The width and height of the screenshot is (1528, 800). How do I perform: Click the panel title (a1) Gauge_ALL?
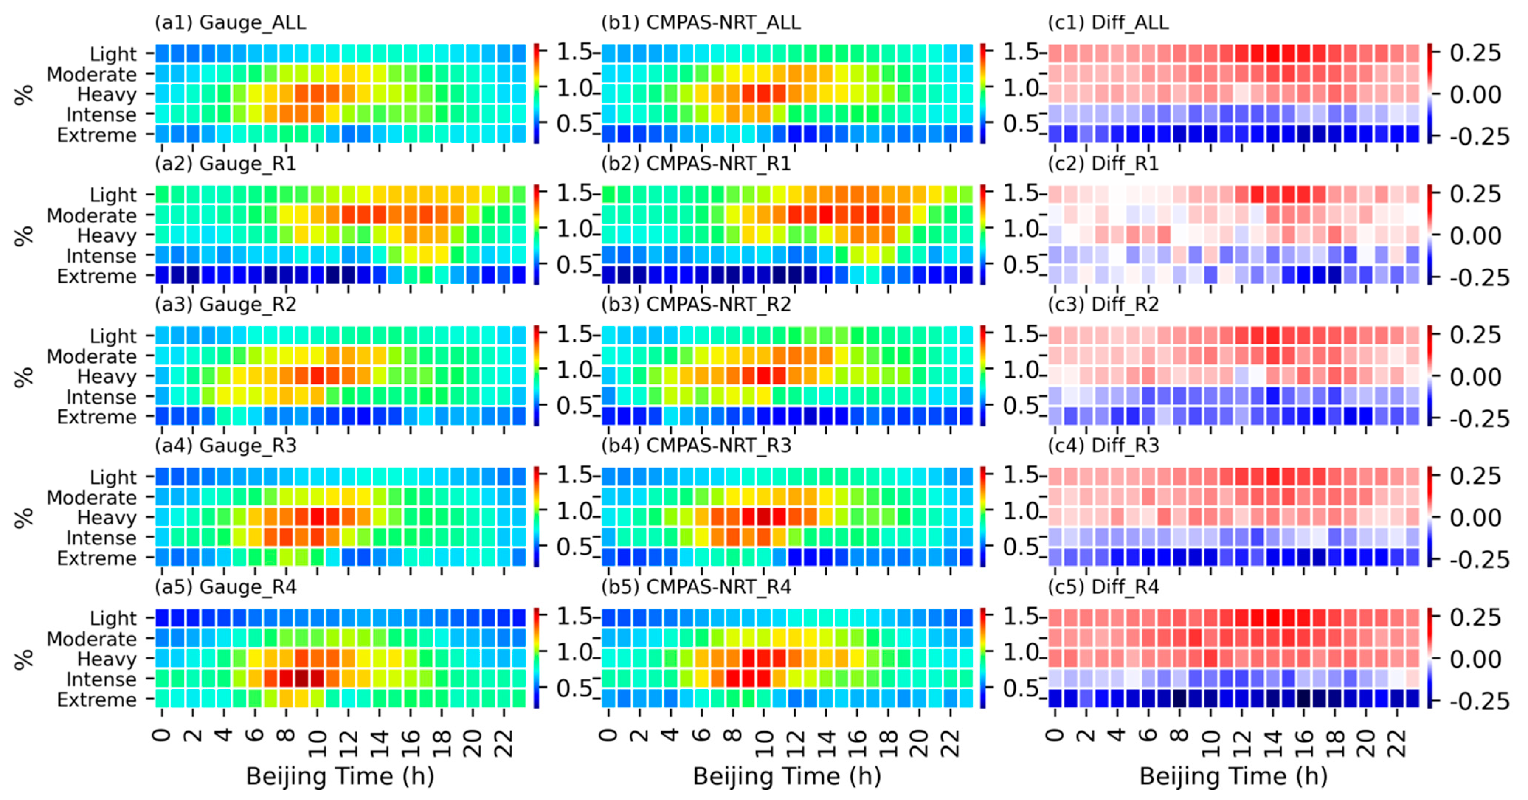pyautogui.click(x=230, y=22)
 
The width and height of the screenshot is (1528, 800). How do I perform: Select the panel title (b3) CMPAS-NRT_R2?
pyautogui.click(x=696, y=304)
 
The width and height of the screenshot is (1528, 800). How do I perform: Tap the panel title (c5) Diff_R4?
pyautogui.click(x=1103, y=586)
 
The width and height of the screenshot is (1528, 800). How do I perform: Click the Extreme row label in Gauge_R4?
pyautogui.click(x=97, y=700)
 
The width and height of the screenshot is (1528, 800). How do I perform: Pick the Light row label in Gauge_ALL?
pyautogui.click(x=113, y=54)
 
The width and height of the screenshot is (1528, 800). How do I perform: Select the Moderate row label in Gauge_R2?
pyautogui.click(x=91, y=356)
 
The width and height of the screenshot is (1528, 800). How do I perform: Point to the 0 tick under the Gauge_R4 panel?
pyautogui.click(x=162, y=736)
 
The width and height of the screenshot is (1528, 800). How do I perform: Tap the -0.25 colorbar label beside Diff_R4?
pyautogui.click(x=1479, y=701)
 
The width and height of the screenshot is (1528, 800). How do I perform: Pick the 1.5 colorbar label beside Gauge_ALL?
pyautogui.click(x=574, y=52)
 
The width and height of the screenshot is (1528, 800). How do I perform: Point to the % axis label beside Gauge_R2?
pyautogui.click(x=24, y=377)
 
